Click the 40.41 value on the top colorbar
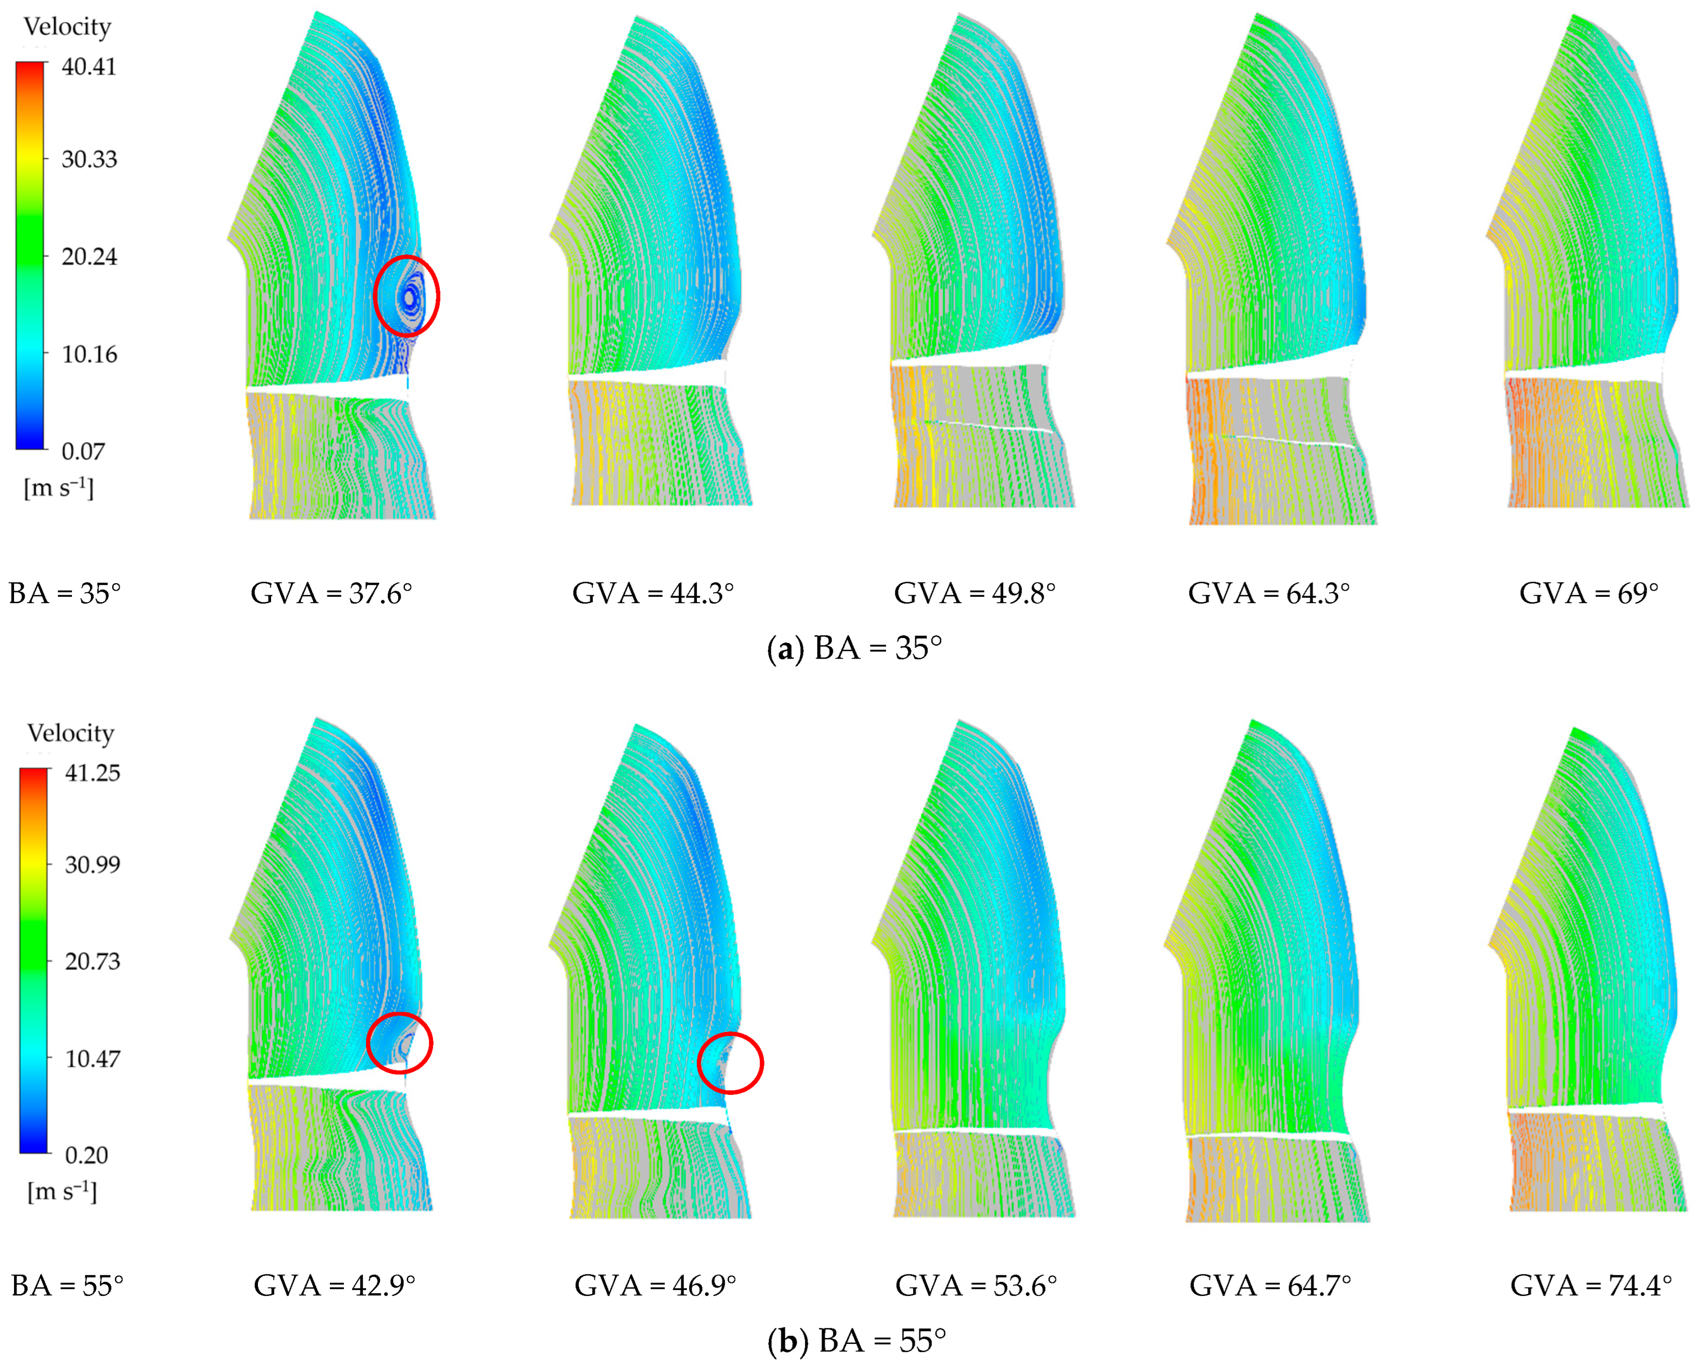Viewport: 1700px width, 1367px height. [89, 67]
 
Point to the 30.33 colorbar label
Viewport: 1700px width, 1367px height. [89, 159]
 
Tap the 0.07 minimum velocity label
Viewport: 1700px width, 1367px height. [83, 451]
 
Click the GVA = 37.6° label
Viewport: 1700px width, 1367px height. [331, 593]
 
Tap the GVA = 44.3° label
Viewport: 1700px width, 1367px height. [653, 593]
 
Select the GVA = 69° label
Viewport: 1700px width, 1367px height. [1589, 593]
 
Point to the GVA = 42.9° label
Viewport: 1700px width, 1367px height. [334, 1286]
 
